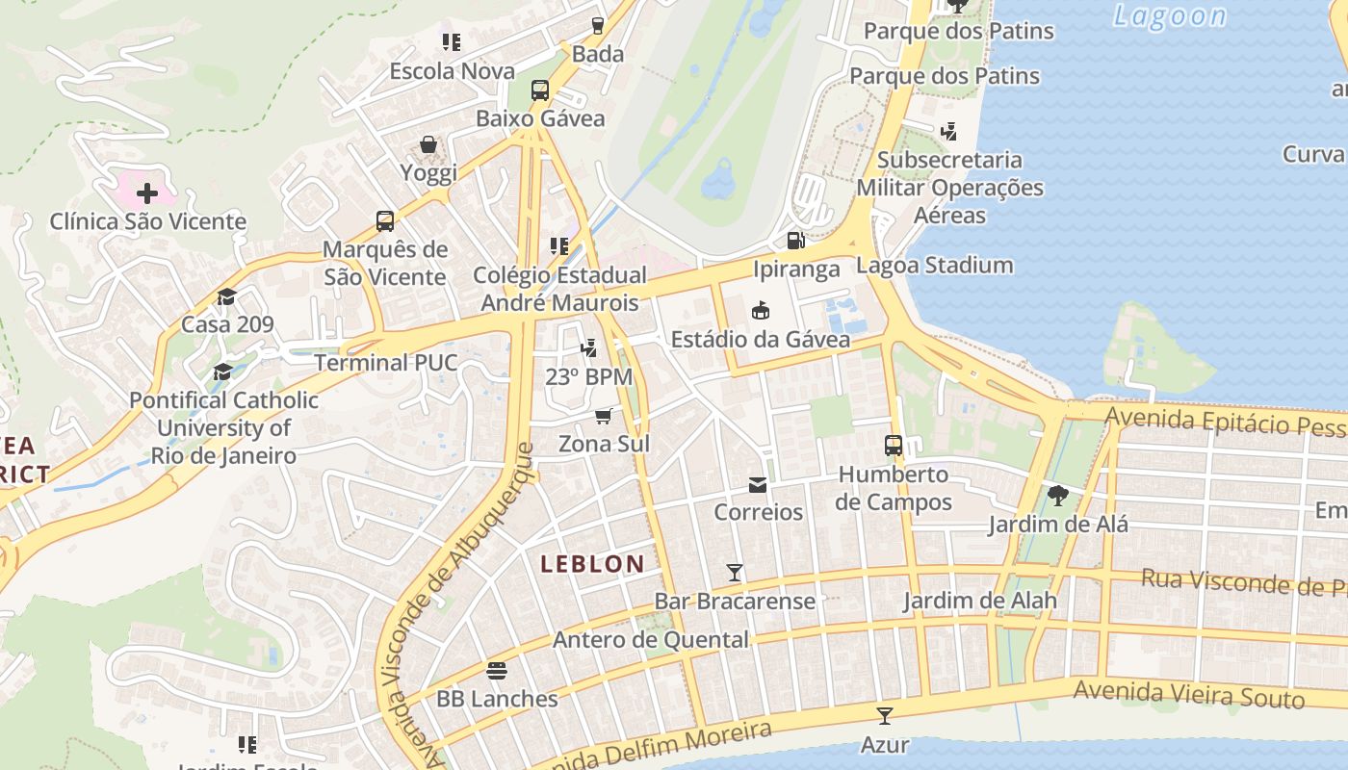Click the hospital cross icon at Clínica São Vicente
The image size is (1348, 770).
point(146,193)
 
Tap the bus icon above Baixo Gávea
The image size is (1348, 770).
point(540,90)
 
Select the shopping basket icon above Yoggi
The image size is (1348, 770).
point(428,145)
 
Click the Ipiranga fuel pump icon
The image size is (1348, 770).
point(795,241)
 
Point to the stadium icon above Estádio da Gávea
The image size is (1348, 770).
point(761,310)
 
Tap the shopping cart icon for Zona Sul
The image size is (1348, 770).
point(604,416)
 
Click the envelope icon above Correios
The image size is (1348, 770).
point(758,484)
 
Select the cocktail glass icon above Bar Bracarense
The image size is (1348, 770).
point(735,573)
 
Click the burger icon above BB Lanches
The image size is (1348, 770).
point(497,670)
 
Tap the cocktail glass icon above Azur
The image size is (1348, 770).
point(884,715)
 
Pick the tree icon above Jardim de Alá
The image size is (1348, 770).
point(1057,496)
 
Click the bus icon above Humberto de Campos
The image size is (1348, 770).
point(894,446)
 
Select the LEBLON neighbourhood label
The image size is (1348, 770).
point(592,564)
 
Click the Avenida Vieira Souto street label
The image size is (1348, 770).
point(1188,694)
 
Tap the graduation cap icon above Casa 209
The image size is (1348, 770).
point(227,296)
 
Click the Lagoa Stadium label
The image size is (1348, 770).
point(934,266)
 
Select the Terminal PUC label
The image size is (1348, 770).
point(386,363)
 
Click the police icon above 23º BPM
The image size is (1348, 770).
point(588,348)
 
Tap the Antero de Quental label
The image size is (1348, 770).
point(650,640)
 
